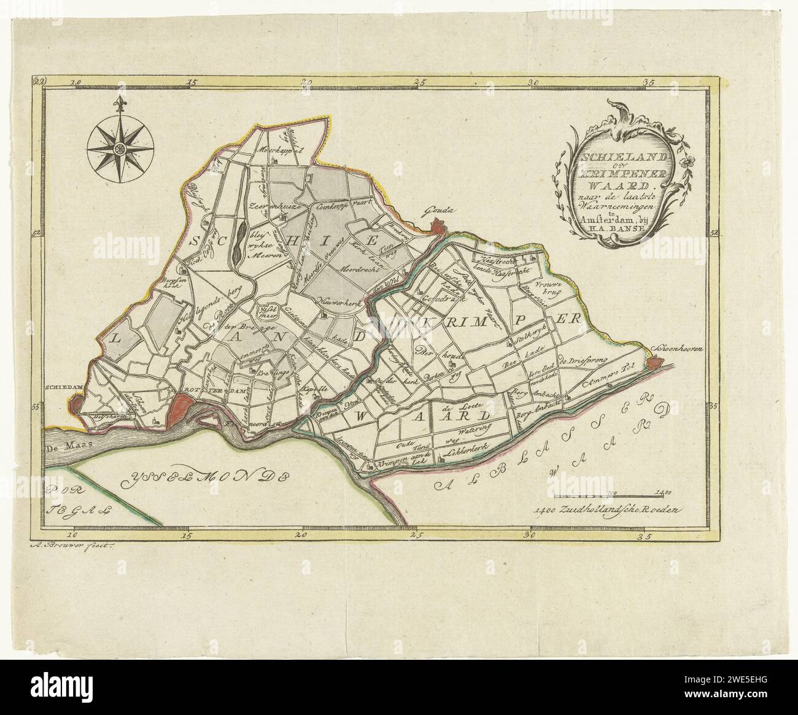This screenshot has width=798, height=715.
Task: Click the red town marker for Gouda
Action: tap(437, 228)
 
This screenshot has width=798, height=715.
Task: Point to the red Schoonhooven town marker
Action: tap(654, 363)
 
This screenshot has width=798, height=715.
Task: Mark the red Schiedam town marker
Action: tap(76, 405)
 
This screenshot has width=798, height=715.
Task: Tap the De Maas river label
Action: tap(63, 451)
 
